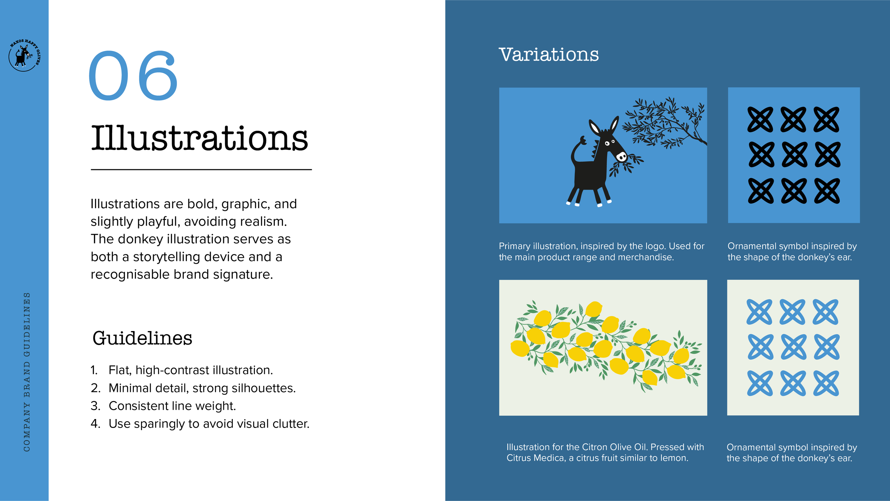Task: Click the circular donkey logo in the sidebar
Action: (x=24, y=56)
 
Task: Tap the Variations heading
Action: (x=549, y=55)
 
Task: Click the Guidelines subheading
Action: (x=142, y=338)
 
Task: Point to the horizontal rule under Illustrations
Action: (x=201, y=170)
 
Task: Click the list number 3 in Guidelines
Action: (x=95, y=406)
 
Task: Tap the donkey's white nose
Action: (x=621, y=156)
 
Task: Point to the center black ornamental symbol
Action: (x=794, y=155)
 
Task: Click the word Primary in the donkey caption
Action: (x=514, y=246)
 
